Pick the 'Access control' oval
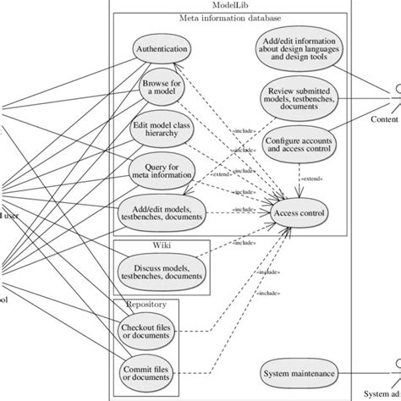point(299,213)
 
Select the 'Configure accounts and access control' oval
point(299,143)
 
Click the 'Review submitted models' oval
point(299,98)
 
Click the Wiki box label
point(162,245)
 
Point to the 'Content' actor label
point(385,119)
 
